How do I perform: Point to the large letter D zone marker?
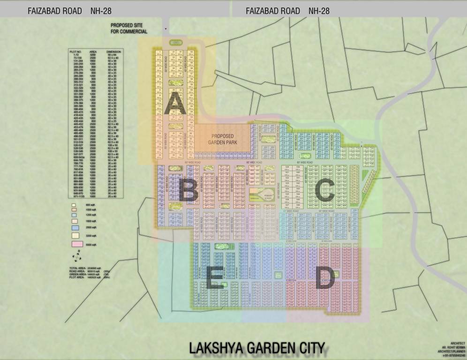pyautogui.click(x=324, y=277)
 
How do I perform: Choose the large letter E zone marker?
pyautogui.click(x=214, y=278)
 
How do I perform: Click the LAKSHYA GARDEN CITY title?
pyautogui.click(x=257, y=348)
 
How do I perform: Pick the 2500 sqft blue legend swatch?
pyautogui.click(x=74, y=227)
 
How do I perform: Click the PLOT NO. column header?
pyautogui.click(x=76, y=52)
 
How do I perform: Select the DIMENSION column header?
pyautogui.click(x=113, y=52)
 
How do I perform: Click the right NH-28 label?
pyautogui.click(x=319, y=11)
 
